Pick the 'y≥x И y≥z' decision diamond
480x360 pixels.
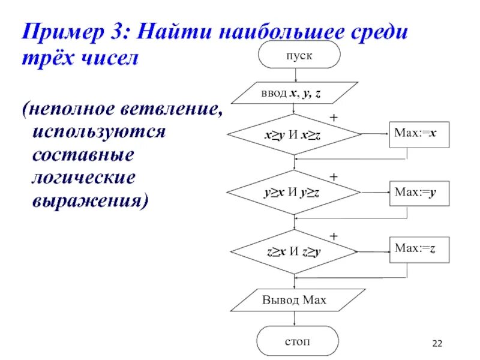click(x=293, y=193)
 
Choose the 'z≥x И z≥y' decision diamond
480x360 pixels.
click(x=293, y=251)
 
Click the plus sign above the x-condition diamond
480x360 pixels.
click(x=334, y=119)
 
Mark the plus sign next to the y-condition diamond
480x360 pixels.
click(x=334, y=178)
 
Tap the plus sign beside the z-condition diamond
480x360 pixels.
click(x=334, y=236)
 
